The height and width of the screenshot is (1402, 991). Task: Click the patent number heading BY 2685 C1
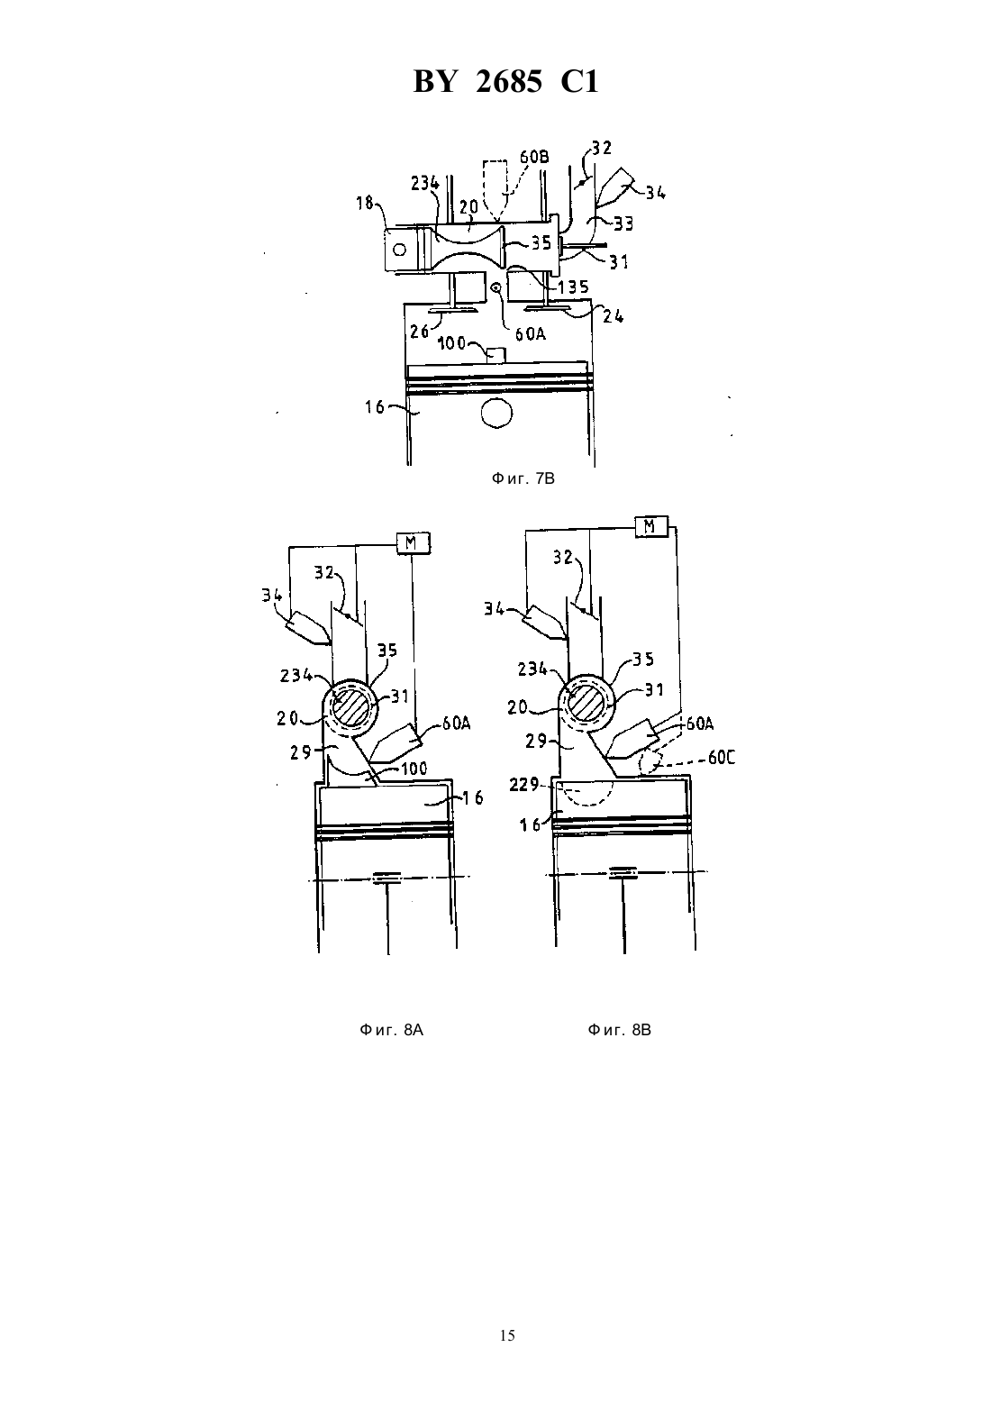coord(505,82)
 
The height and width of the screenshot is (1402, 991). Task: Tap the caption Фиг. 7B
coord(523,478)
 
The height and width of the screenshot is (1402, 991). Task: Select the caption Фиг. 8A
coord(392,1030)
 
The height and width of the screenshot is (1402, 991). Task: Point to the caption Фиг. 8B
coord(620,1030)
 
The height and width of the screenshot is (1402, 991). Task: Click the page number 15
coord(507,1335)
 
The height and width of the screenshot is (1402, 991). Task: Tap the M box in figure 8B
coord(651,526)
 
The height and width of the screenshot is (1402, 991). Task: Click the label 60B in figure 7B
coord(534,157)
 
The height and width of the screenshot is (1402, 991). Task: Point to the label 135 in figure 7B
coord(573,287)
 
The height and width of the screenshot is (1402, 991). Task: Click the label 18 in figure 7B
coord(364,203)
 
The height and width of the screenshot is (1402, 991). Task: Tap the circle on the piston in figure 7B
coord(496,413)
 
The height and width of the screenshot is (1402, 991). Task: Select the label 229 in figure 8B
coord(523,784)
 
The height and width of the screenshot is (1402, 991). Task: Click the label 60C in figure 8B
coord(722,758)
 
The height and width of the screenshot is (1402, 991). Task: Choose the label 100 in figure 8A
coord(414,768)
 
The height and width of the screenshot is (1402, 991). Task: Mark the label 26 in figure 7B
coord(419,331)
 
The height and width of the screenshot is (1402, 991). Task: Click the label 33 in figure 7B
coord(623,223)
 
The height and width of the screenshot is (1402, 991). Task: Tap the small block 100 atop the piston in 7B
coord(496,355)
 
